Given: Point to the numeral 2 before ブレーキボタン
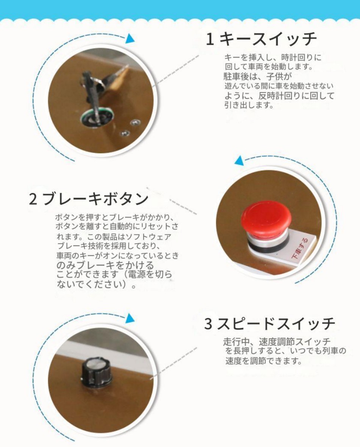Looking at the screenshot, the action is [x=33, y=199].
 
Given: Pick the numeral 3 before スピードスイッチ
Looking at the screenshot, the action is [x=208, y=324].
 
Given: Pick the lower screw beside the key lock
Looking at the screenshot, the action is [x=124, y=133].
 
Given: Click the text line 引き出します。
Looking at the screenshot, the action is [x=249, y=105].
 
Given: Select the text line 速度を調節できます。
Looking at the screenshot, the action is [x=263, y=361].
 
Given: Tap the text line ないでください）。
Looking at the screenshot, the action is [x=96, y=284].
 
